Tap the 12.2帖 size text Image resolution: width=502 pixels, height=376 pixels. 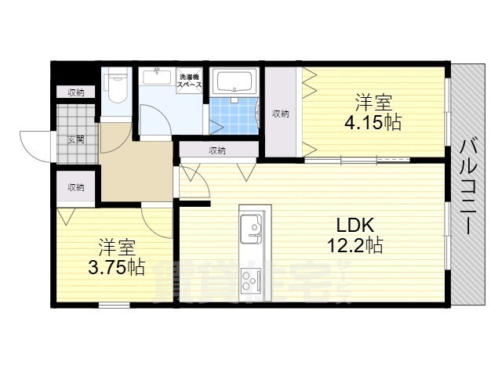[x=355, y=246]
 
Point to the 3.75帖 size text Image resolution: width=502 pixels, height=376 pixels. [x=116, y=266]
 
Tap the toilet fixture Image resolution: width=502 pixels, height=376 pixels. [x=117, y=89]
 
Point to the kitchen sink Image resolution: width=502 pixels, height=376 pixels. [x=254, y=228]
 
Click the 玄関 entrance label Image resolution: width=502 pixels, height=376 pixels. [x=76, y=141]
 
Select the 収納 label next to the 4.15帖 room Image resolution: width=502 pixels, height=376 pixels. [x=280, y=114]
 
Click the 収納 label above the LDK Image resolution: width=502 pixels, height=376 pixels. [x=217, y=150]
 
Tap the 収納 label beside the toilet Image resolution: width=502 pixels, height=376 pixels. [x=75, y=92]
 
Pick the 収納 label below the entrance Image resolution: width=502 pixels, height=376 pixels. [x=75, y=187]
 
